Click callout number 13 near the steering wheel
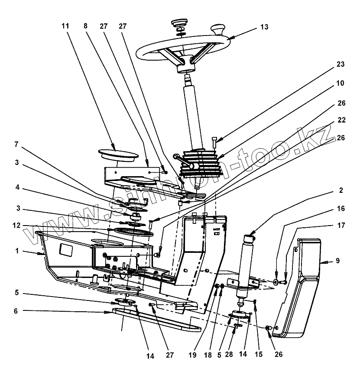coord(264,27)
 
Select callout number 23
coord(341,64)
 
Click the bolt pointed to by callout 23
coord(214,142)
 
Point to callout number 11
coord(65,26)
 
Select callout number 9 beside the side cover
coord(338,261)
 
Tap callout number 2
coord(341,190)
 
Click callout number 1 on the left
coord(17,251)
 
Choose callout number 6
coord(16,311)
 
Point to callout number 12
coord(16,226)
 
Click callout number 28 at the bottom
coord(229,355)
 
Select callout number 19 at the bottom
coord(193,355)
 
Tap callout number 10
coord(340,83)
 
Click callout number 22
coord(341,120)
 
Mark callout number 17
coord(341,225)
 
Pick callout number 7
coord(16,144)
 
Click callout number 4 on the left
coord(17,187)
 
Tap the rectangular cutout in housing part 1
coord(66,250)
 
